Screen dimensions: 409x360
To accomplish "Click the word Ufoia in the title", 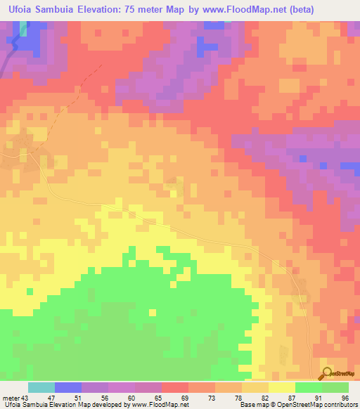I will (22, 10).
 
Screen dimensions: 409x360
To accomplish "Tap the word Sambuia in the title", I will (64, 10).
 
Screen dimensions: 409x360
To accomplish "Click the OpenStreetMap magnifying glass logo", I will (328, 373).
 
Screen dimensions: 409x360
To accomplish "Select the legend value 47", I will (53, 397).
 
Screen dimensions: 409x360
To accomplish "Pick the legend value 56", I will (107, 397).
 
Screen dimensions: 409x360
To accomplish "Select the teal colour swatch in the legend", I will (41, 387).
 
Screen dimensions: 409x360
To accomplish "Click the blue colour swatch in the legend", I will (67, 387).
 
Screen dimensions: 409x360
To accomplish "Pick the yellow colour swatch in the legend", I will (281, 387).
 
